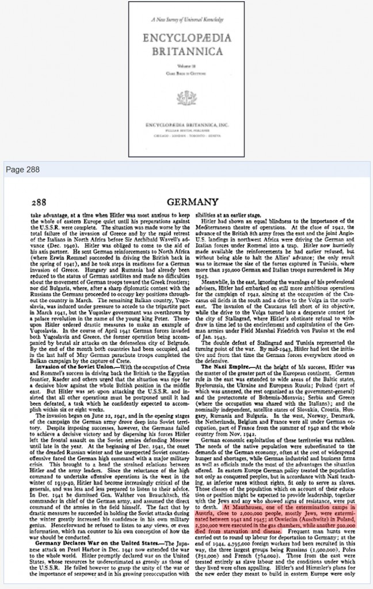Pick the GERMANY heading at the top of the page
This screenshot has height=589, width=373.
click(x=192, y=202)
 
